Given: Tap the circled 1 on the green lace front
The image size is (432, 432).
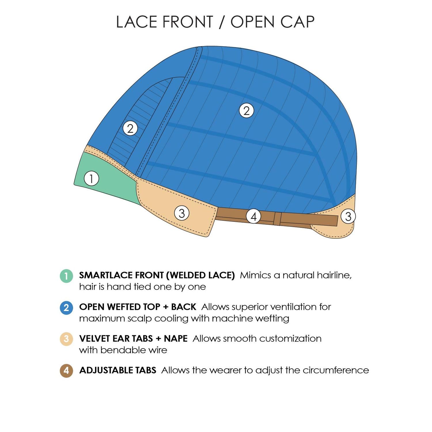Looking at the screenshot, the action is click(92, 179).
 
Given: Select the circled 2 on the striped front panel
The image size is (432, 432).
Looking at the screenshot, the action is click(130, 128).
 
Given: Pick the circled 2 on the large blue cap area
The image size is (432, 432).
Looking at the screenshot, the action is click(247, 111).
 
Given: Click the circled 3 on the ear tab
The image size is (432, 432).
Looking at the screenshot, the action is click(182, 213).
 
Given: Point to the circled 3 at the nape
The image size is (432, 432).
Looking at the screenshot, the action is click(348, 217).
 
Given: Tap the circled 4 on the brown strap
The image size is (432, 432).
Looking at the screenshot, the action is click(253, 217).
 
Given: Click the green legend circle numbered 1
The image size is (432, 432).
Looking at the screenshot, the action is click(66, 276).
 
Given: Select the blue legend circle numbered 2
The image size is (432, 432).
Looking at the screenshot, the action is click(66, 308).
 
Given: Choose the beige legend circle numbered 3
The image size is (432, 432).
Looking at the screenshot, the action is click(66, 339).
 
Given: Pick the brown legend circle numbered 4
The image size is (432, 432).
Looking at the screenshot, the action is click(66, 371).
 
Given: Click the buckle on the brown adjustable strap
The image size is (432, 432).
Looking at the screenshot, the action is click(277, 219).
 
